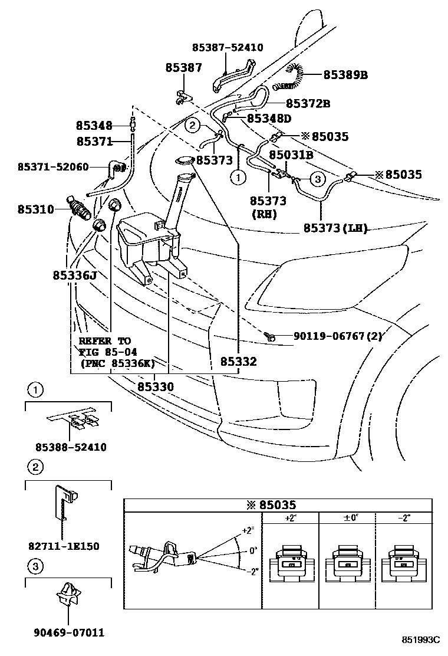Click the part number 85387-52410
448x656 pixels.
pyautogui.click(x=228, y=48)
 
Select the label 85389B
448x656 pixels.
pyautogui.click(x=345, y=75)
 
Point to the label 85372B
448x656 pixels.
pyautogui.click(x=308, y=103)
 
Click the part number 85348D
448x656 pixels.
pyautogui.click(x=269, y=119)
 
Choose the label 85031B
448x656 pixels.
pyautogui.click(x=291, y=155)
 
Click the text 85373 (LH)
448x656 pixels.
pyautogui.click(x=335, y=228)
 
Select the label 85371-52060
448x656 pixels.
pyautogui.click(x=53, y=167)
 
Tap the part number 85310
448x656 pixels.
pyautogui.click(x=35, y=209)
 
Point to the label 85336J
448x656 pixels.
pyautogui.click(x=74, y=275)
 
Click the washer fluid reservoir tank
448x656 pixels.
pyautogui.click(x=147, y=242)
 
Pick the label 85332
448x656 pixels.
pyautogui.click(x=239, y=362)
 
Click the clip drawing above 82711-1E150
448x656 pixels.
pyautogui.click(x=64, y=501)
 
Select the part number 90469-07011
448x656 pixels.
pyautogui.click(x=68, y=633)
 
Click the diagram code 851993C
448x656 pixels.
pyautogui.click(x=421, y=639)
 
